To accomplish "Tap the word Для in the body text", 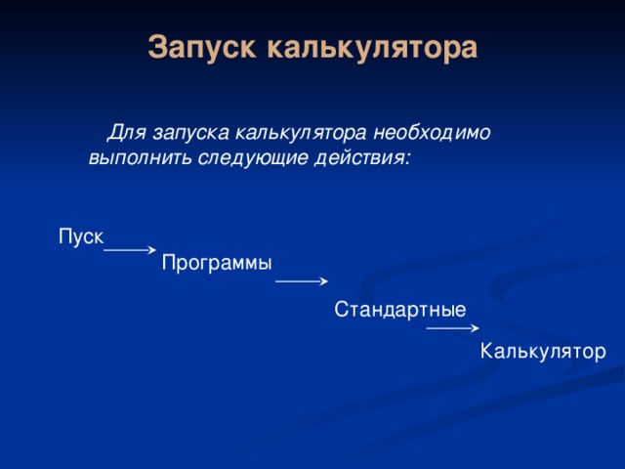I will tap(124, 131).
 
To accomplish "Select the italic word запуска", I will tap(183, 131).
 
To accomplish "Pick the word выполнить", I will tap(131, 156).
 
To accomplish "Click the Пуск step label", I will tap(81, 236).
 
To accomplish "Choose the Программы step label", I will tap(217, 263).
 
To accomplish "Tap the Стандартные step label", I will tap(399, 310).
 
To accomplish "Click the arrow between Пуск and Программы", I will tap(129, 250).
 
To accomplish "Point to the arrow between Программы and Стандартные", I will tap(300, 281).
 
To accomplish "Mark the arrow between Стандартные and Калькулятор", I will tap(451, 329).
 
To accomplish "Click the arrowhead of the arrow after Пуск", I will tap(152, 250).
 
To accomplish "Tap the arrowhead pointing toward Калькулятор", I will tap(475, 329).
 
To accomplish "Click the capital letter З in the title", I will tap(157, 47).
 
